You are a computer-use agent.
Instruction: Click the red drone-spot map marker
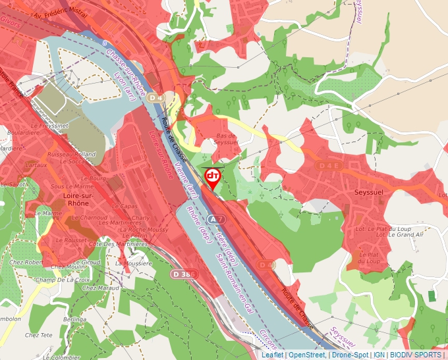[213, 177]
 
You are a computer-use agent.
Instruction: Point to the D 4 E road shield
[329, 165]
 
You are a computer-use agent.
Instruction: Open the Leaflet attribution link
[273, 355]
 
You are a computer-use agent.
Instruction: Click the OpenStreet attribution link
[307, 355]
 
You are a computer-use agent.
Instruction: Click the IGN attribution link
[379, 355]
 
